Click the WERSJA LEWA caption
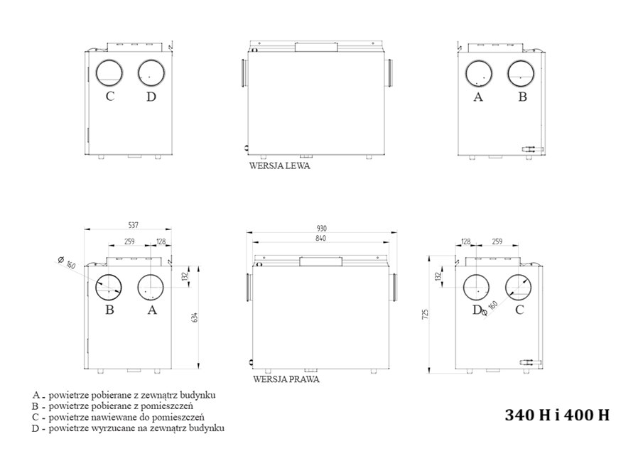pyautogui.click(x=279, y=165)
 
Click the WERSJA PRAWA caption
pyautogui.click(x=286, y=379)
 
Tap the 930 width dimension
pyautogui.click(x=321, y=228)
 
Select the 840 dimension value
pyautogui.click(x=320, y=238)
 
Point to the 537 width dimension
pyautogui.click(x=134, y=225)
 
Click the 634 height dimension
pyautogui.click(x=195, y=317)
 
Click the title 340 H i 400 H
pyautogui.click(x=557, y=415)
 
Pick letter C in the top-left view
pyautogui.click(x=110, y=97)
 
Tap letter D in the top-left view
pyautogui.click(x=151, y=97)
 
